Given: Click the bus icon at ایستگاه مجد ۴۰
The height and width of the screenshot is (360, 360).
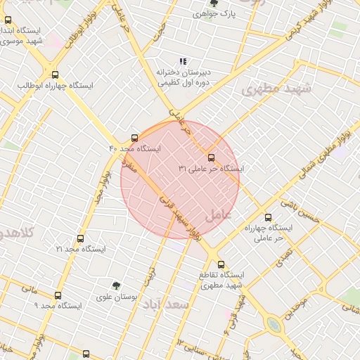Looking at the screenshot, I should pos(134,138).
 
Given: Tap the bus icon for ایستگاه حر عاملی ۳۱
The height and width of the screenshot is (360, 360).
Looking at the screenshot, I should pos(212,157).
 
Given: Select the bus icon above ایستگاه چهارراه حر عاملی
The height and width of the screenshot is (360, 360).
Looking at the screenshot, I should pos(267,217).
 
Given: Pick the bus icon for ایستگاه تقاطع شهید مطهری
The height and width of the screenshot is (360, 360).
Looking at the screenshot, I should pos(221,264).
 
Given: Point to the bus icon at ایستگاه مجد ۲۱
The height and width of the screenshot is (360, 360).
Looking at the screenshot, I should pos(80,238).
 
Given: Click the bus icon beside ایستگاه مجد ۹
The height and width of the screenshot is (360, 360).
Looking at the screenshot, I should pos(58,295).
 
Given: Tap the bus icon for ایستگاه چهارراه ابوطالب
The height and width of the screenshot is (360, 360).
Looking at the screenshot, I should pos(55,75).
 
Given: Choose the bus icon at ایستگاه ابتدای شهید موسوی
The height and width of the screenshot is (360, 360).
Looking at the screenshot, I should pos(8,20).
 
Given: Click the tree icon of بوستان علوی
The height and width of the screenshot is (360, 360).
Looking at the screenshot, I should pos(116,285).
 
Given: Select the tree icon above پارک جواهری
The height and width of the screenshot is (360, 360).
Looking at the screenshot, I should pos(213,3).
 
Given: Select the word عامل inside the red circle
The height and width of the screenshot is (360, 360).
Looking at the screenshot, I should pos(219,214).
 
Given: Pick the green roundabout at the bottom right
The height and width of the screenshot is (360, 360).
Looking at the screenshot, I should pos(273,324).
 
